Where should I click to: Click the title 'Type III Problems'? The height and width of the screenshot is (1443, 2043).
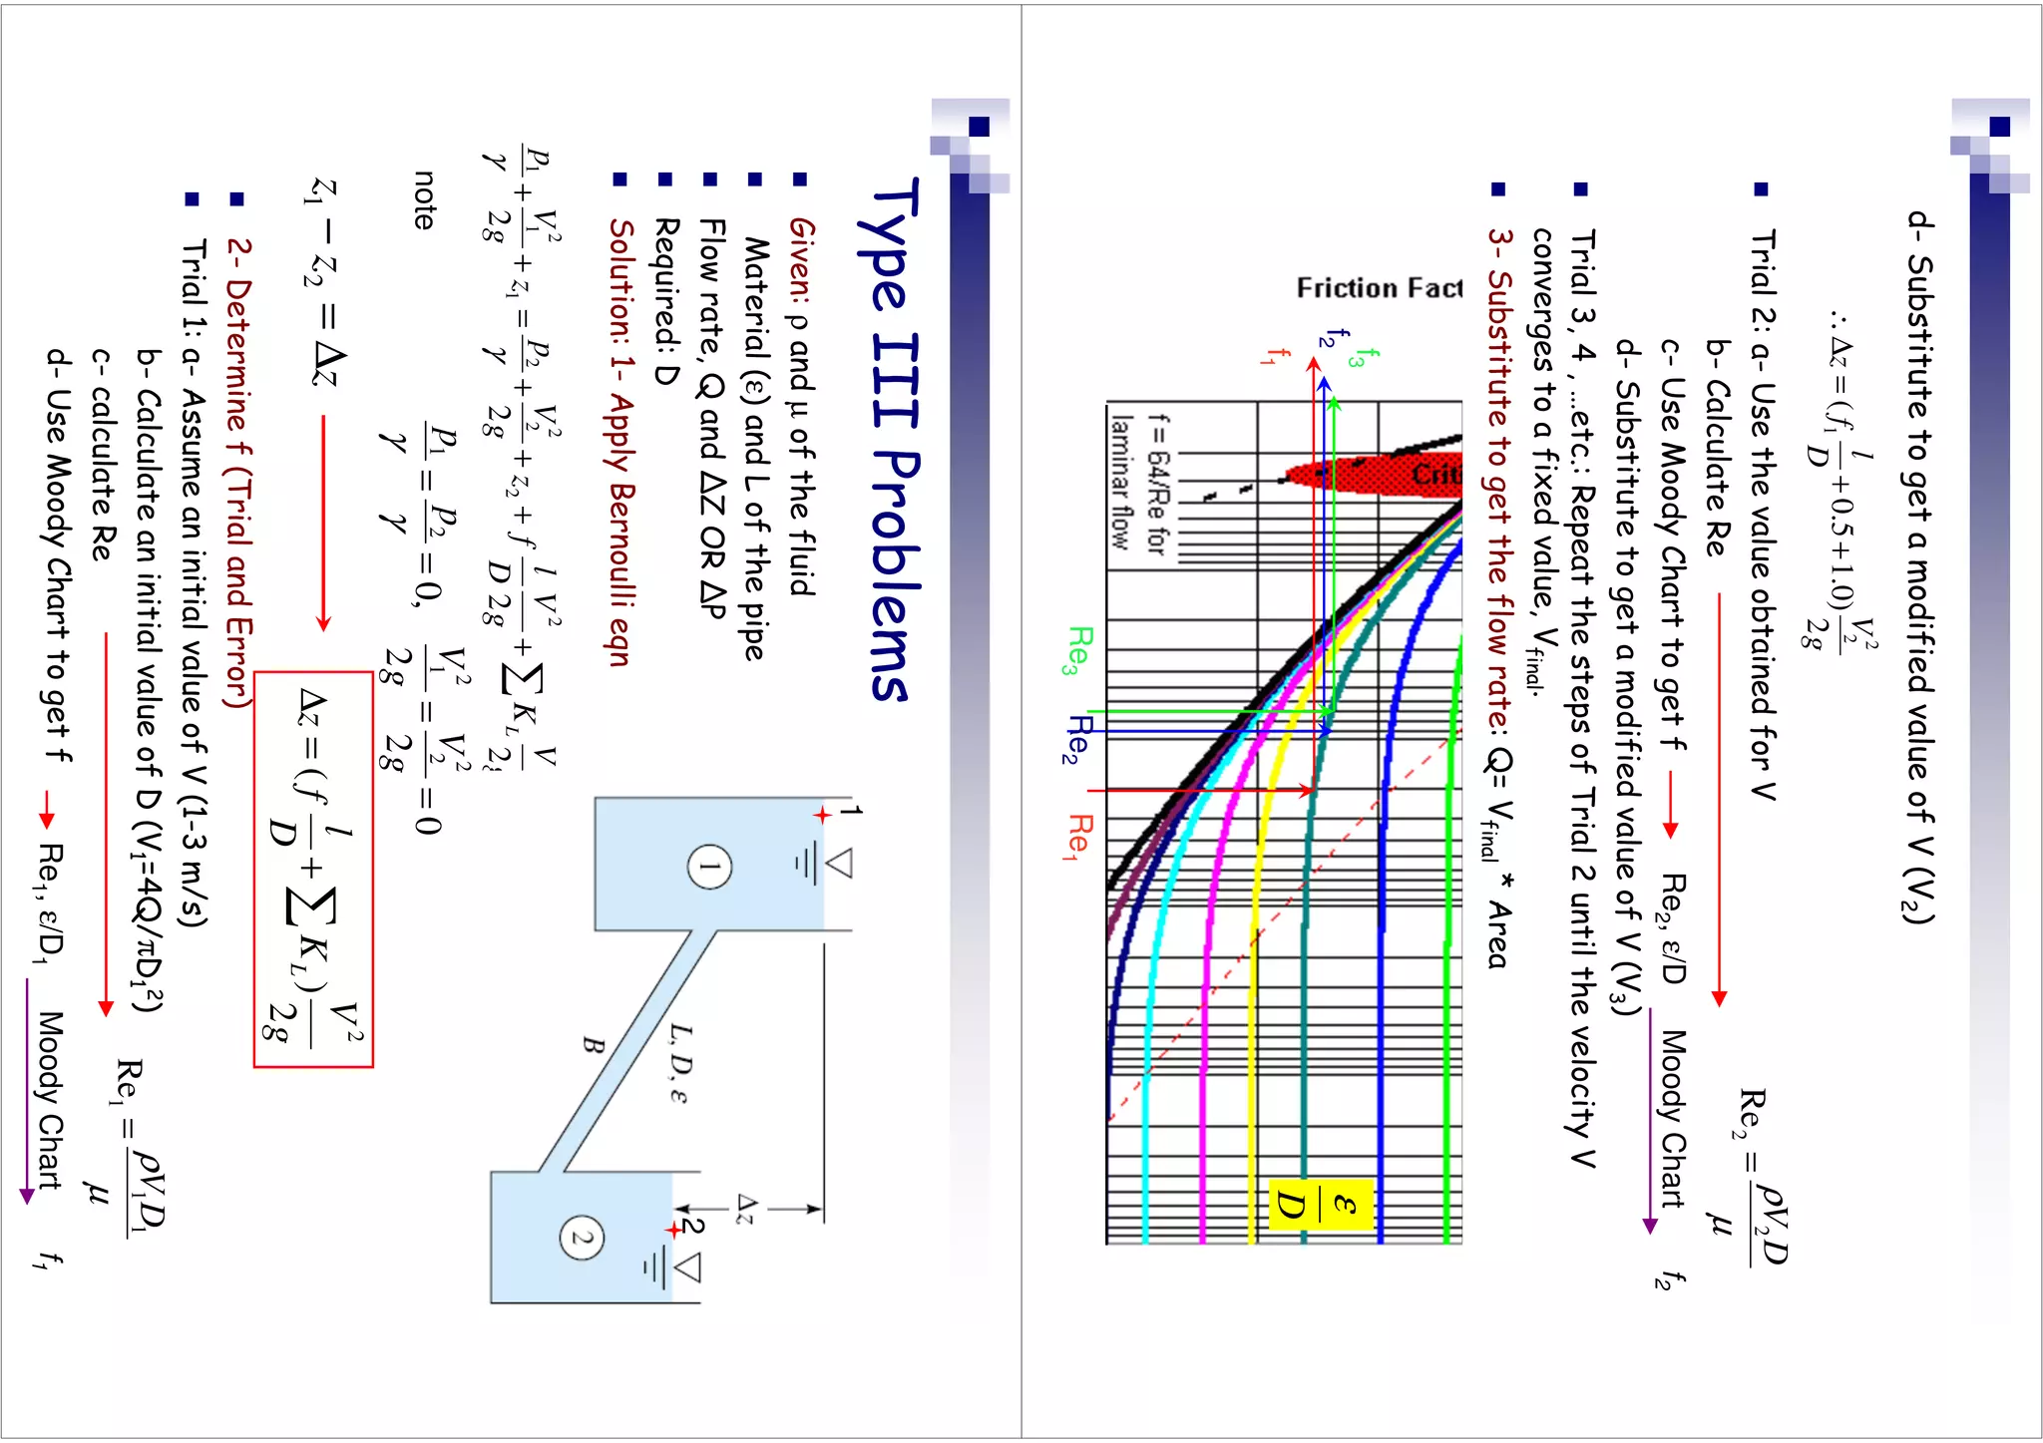pyautogui.click(x=891, y=439)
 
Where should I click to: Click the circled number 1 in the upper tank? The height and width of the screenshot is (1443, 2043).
pyautogui.click(x=709, y=866)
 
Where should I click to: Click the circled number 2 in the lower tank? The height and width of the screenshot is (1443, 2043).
pyautogui.click(x=582, y=1240)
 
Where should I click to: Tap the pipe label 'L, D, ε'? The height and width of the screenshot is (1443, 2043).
pyautogui.click(x=678, y=1063)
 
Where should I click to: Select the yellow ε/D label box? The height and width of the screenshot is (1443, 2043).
pyautogui.click(x=1320, y=1206)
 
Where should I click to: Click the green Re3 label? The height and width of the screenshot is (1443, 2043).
pyautogui.click(x=1079, y=650)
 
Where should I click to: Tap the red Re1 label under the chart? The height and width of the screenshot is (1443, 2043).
pyautogui.click(x=1079, y=836)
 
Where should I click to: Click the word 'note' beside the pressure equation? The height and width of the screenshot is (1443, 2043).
pyautogui.click(x=425, y=199)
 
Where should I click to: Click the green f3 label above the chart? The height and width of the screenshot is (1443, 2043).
pyautogui.click(x=1354, y=357)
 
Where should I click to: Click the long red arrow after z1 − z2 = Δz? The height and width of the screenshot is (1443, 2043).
pyautogui.click(x=323, y=524)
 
